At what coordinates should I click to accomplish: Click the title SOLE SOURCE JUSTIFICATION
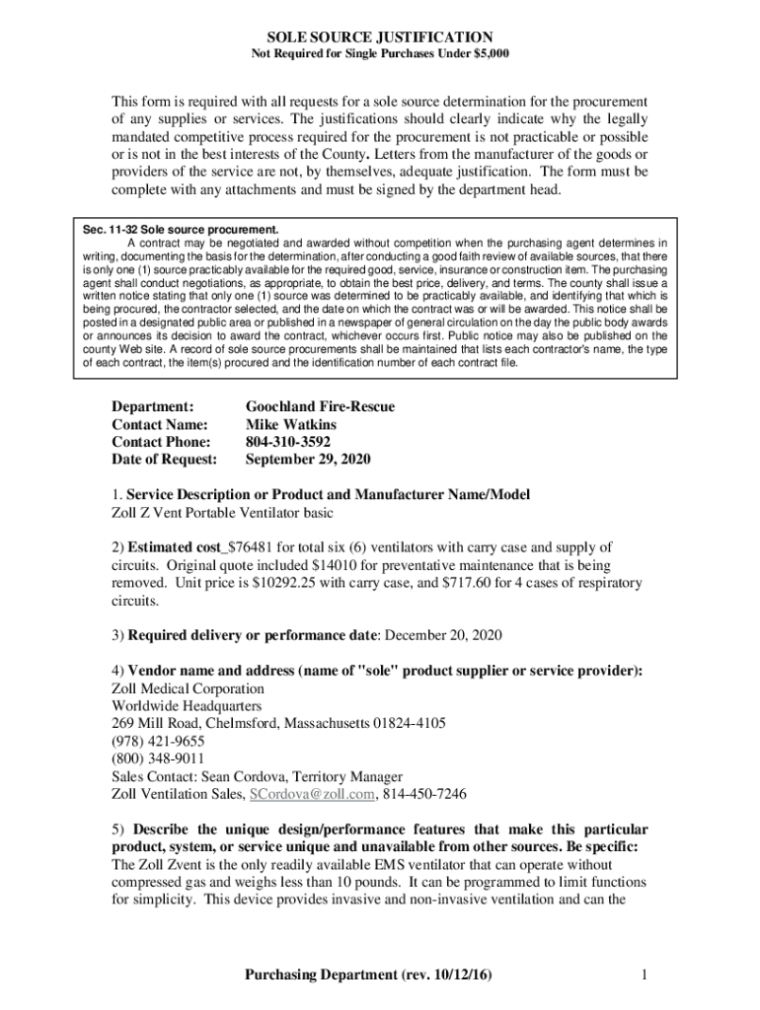point(380,36)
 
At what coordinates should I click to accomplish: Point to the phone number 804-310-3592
point(288,442)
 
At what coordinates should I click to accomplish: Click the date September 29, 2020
point(308,460)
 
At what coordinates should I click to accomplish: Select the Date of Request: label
point(164,460)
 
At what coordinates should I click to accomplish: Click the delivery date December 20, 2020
point(437,635)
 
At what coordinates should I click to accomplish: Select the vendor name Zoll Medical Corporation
point(188,688)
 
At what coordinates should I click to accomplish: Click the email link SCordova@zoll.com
point(312,794)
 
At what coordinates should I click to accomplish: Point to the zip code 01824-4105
point(409,723)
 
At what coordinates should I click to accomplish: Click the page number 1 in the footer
point(643,975)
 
